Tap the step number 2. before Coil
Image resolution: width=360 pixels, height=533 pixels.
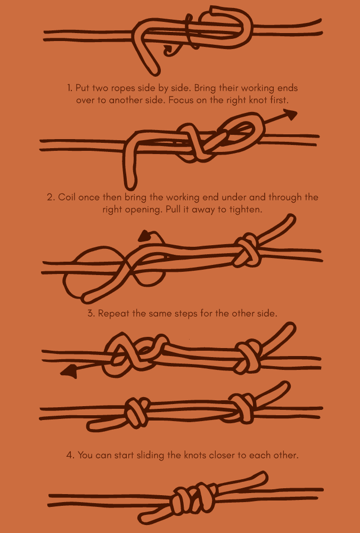coord(51,197)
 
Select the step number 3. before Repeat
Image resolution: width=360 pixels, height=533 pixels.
coord(91,313)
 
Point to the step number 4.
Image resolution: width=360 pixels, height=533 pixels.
coord(70,455)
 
